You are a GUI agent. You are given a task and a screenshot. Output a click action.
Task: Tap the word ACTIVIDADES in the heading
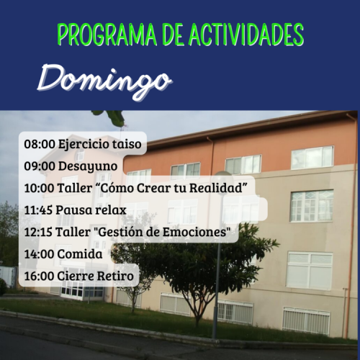[x=246, y=35]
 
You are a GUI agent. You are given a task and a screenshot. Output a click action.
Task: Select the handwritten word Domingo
[x=104, y=81]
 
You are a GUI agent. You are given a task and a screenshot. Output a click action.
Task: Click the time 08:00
[x=40, y=144]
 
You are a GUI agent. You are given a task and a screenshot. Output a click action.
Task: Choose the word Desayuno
[x=88, y=167]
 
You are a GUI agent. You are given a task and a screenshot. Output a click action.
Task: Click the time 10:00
[x=39, y=188]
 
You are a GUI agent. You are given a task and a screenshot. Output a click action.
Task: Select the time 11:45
[x=38, y=210]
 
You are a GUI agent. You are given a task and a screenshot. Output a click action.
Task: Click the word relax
[x=111, y=210]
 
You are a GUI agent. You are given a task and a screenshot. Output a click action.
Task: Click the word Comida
[x=80, y=254]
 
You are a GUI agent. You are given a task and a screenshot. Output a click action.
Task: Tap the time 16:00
[x=39, y=276]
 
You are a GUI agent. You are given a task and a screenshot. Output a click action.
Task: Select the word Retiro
[x=115, y=276]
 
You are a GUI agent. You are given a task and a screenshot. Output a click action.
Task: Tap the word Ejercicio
[x=84, y=145]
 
